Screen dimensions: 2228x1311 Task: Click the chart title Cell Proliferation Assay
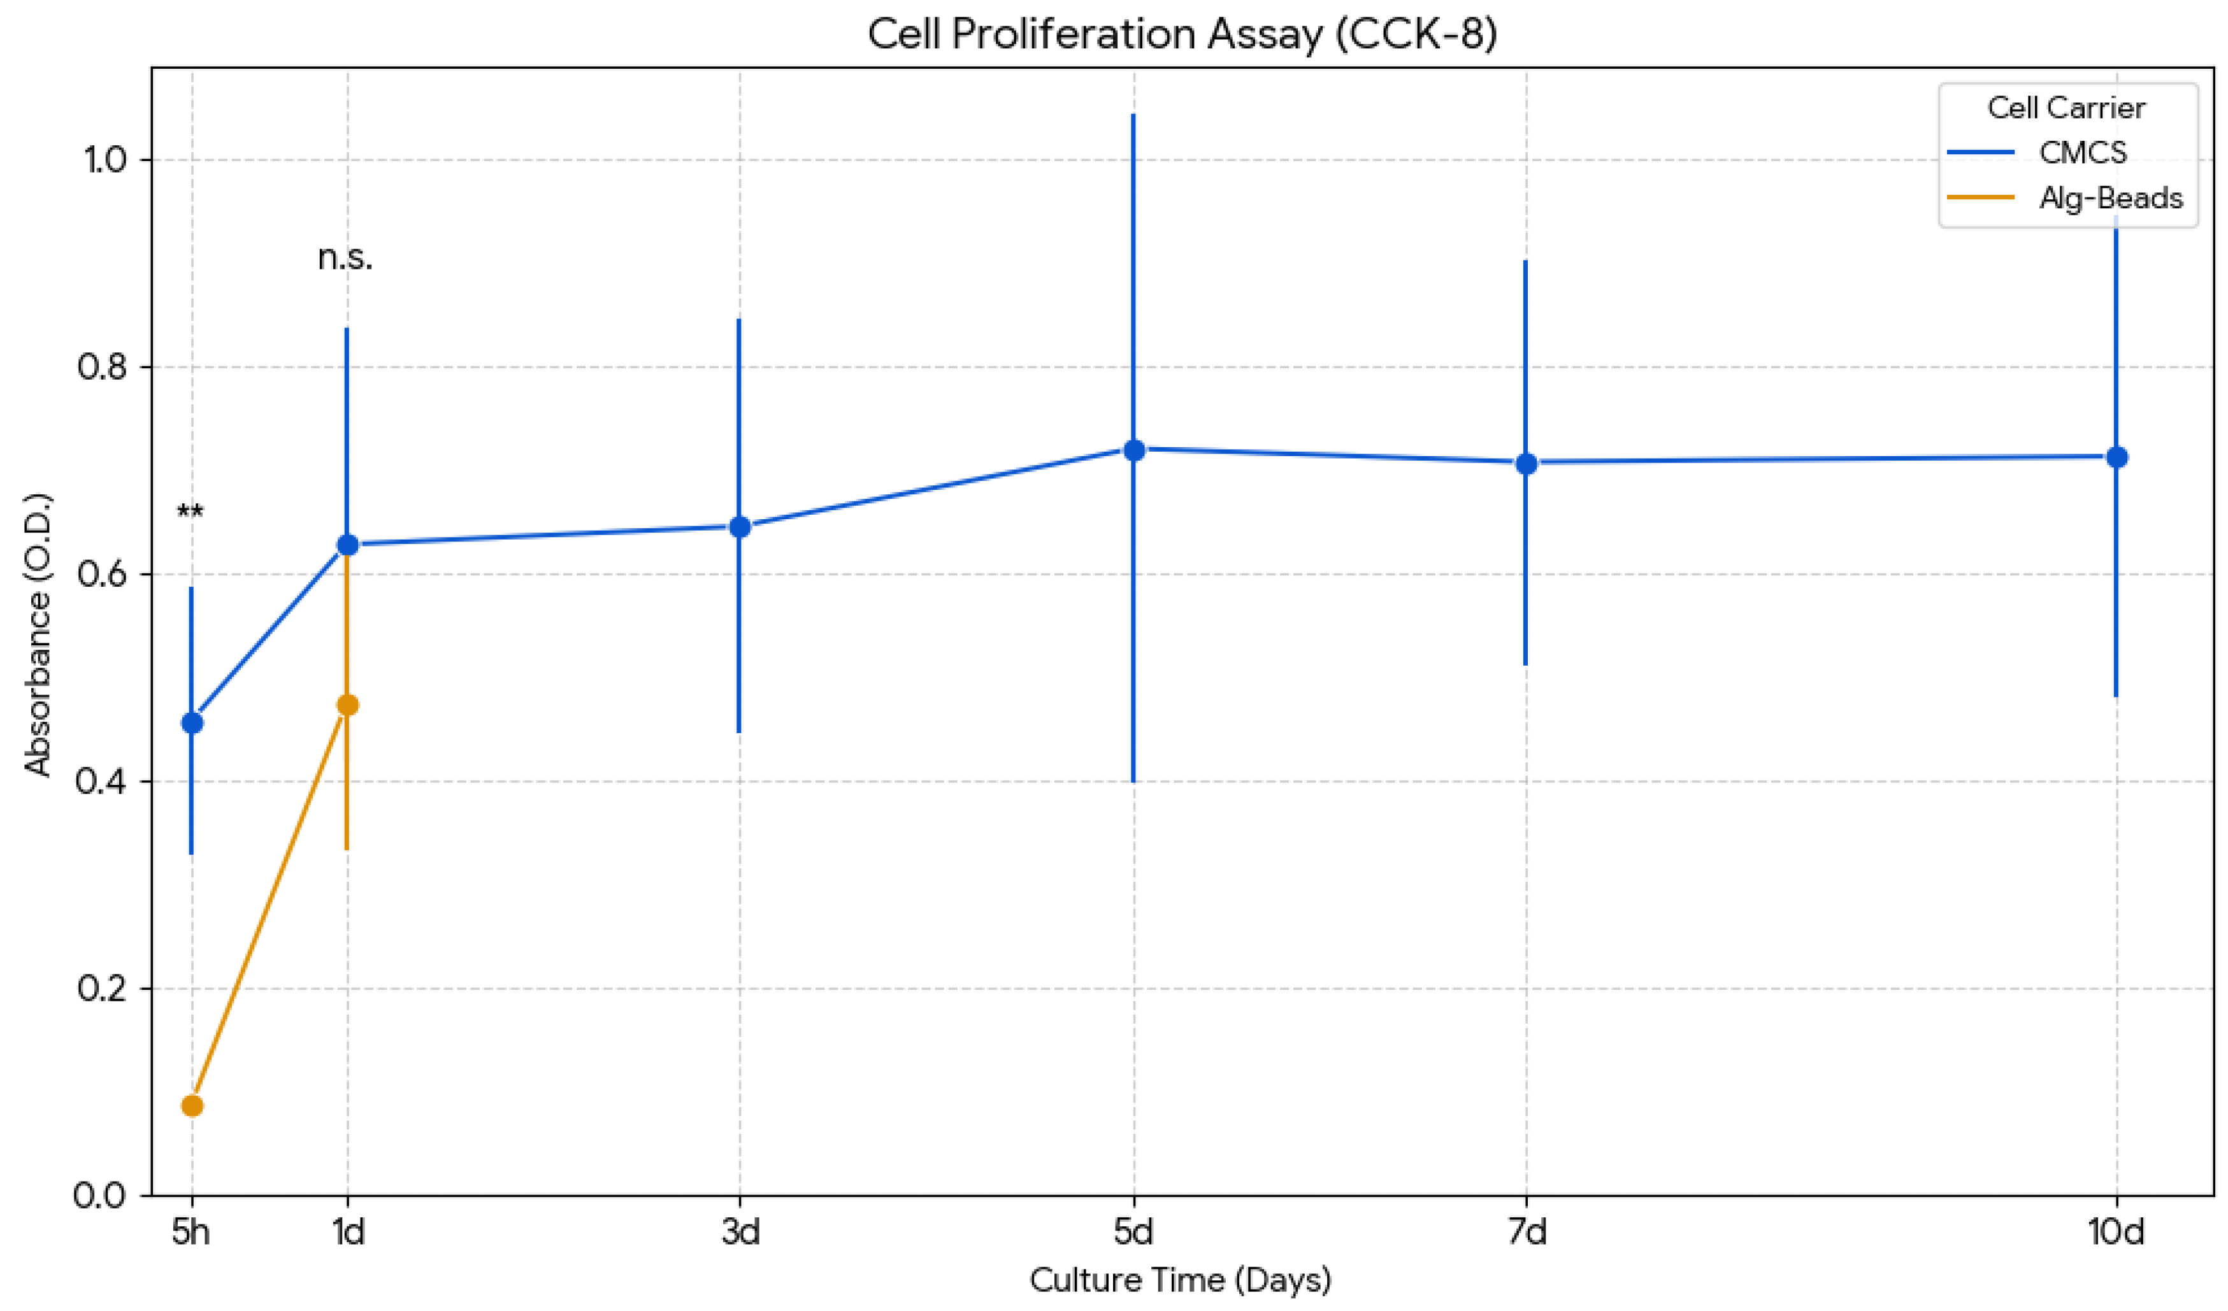pos(1181,34)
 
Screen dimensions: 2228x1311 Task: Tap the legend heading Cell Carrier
pos(2066,108)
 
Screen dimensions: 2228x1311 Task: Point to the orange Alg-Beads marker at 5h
pos(192,1106)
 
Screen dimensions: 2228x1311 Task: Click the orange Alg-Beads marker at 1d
pos(347,705)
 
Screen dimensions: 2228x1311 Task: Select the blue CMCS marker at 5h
pos(192,723)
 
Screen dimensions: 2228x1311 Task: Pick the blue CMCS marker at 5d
pos(1133,450)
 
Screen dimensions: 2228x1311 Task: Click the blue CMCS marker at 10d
pos(2117,457)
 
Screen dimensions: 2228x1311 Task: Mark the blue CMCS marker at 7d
pos(1526,463)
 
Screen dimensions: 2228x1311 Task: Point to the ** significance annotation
pos(190,513)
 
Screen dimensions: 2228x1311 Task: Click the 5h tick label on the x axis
pos(191,1231)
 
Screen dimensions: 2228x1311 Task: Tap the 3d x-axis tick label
pos(740,1231)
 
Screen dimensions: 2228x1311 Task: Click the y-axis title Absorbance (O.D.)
pos(38,634)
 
